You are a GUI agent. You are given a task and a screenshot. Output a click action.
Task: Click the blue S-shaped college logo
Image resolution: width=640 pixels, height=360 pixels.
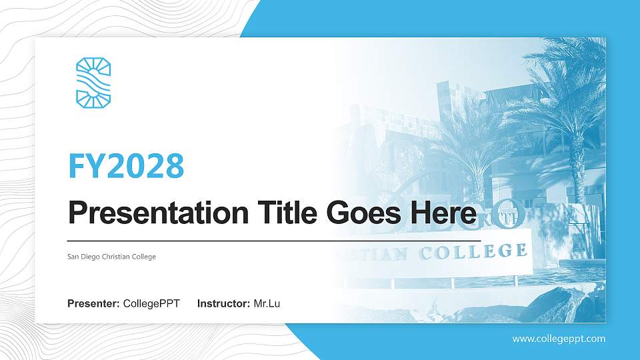pos(93,82)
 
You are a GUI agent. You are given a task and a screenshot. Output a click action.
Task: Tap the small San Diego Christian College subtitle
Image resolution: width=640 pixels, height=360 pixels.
pos(112,257)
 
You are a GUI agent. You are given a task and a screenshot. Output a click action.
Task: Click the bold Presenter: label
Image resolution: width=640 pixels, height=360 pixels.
pos(93,304)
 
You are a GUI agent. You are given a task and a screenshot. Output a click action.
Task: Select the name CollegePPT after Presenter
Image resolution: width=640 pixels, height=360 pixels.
pos(151,304)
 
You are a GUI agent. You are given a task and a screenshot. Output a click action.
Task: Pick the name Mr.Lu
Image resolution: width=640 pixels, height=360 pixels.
pos(267,304)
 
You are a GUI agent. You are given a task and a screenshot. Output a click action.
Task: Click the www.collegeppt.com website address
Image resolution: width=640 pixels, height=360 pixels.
pos(559,339)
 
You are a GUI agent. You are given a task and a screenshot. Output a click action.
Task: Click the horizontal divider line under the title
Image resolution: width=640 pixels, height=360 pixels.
pos(274,240)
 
